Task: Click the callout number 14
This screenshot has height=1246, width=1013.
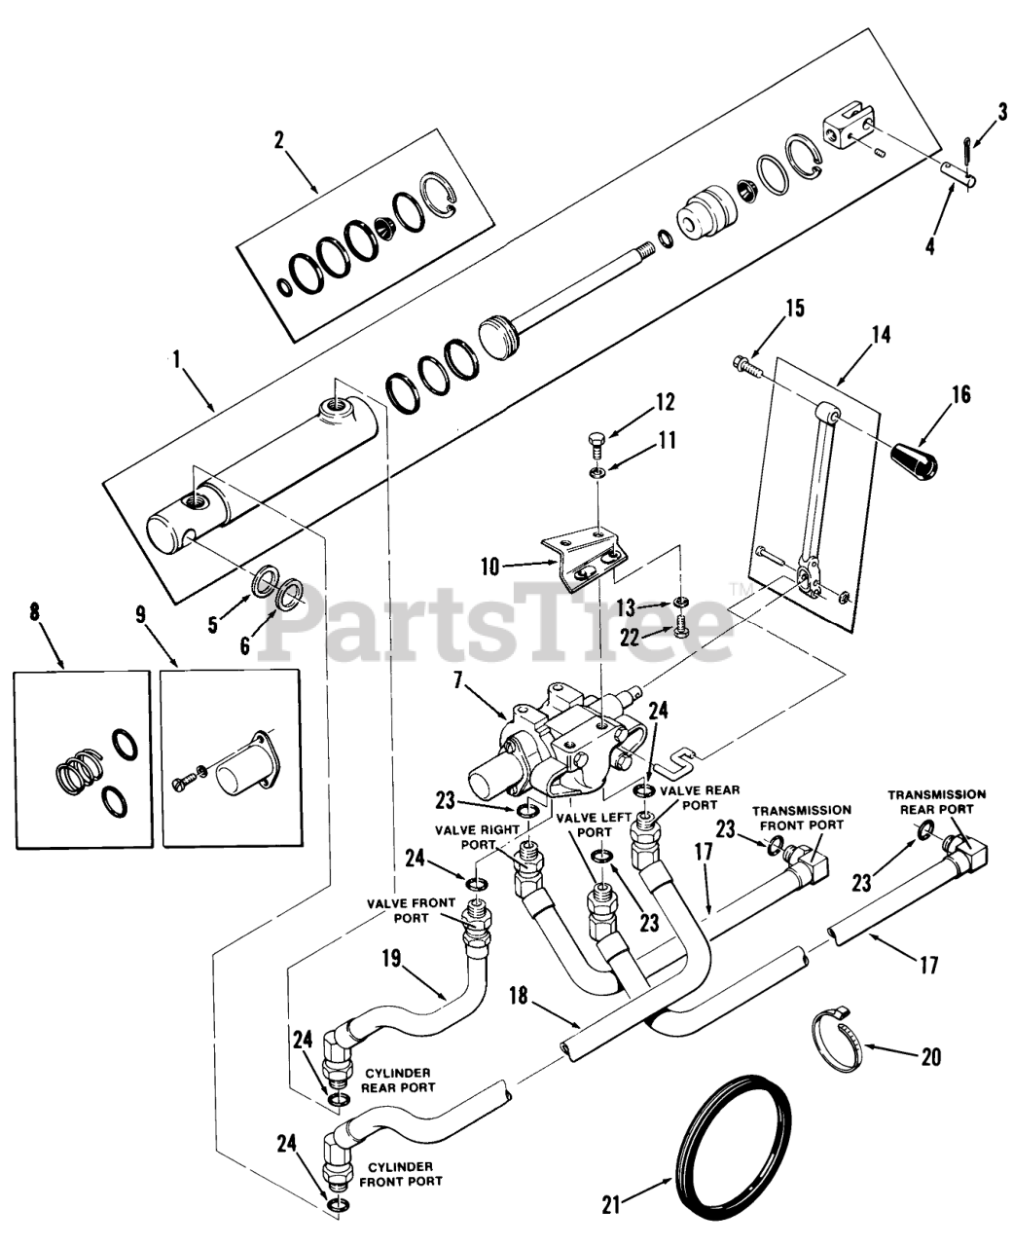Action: pyautogui.click(x=882, y=336)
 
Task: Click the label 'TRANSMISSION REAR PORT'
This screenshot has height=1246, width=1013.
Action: pyautogui.click(x=935, y=801)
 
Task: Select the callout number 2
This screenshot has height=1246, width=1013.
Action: pyautogui.click(x=278, y=139)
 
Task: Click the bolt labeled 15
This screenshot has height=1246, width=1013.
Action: pyautogui.click(x=746, y=366)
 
